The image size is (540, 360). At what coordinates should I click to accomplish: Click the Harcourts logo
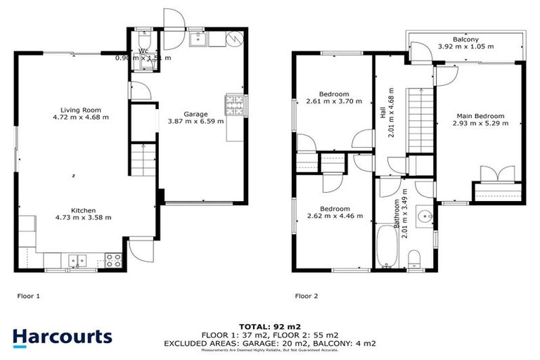62,337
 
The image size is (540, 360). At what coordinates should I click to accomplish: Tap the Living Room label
80,110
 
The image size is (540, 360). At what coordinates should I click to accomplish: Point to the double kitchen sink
77,261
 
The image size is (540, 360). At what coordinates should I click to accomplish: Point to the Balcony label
466,39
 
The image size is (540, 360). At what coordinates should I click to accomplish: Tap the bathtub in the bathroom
386,246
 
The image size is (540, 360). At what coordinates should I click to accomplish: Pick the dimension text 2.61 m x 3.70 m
334,101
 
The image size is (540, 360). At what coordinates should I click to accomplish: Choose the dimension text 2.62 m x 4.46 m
335,216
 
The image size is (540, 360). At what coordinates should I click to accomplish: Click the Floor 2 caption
307,296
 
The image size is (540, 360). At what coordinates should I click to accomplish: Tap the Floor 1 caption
28,296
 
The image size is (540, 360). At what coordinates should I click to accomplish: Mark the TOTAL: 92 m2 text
270,326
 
